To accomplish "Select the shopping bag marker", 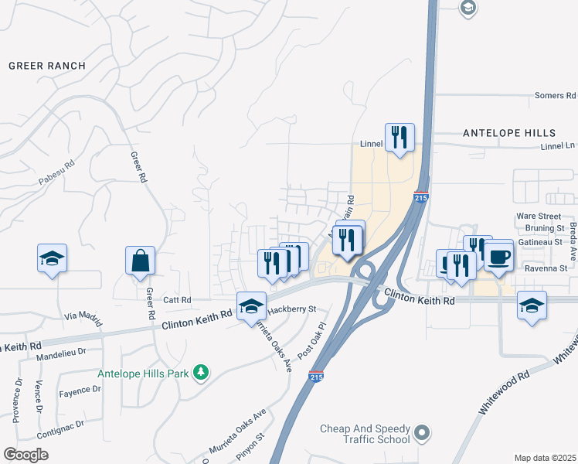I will (x=141, y=263).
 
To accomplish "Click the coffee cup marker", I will (x=498, y=256).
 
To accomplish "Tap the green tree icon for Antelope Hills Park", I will (x=201, y=374).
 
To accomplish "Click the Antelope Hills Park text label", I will (x=143, y=374).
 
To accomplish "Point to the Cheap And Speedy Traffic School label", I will (x=365, y=434).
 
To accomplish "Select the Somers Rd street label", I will (x=555, y=96).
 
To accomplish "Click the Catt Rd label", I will (x=176, y=299).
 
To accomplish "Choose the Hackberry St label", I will (x=292, y=309).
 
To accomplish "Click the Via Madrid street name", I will (x=83, y=315).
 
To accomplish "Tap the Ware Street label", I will (x=539, y=216).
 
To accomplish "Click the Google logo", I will (x=25, y=455).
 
